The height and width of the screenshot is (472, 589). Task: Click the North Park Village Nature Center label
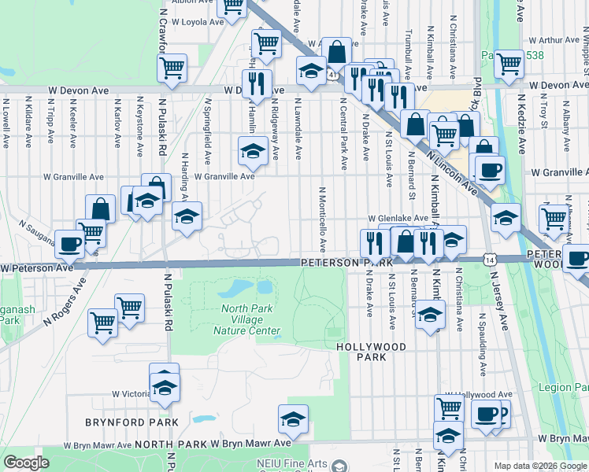tap(247, 319)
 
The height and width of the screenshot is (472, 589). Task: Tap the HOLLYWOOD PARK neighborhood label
tap(371, 352)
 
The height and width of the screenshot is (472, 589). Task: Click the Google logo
tap(27, 463)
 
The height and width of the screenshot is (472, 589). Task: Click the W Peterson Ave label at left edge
tap(37, 268)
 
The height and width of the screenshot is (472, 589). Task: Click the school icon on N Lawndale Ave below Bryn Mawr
tap(293, 419)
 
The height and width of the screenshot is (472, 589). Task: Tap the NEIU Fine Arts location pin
tap(339, 464)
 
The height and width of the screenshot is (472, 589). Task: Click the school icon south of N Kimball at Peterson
tap(429, 315)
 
